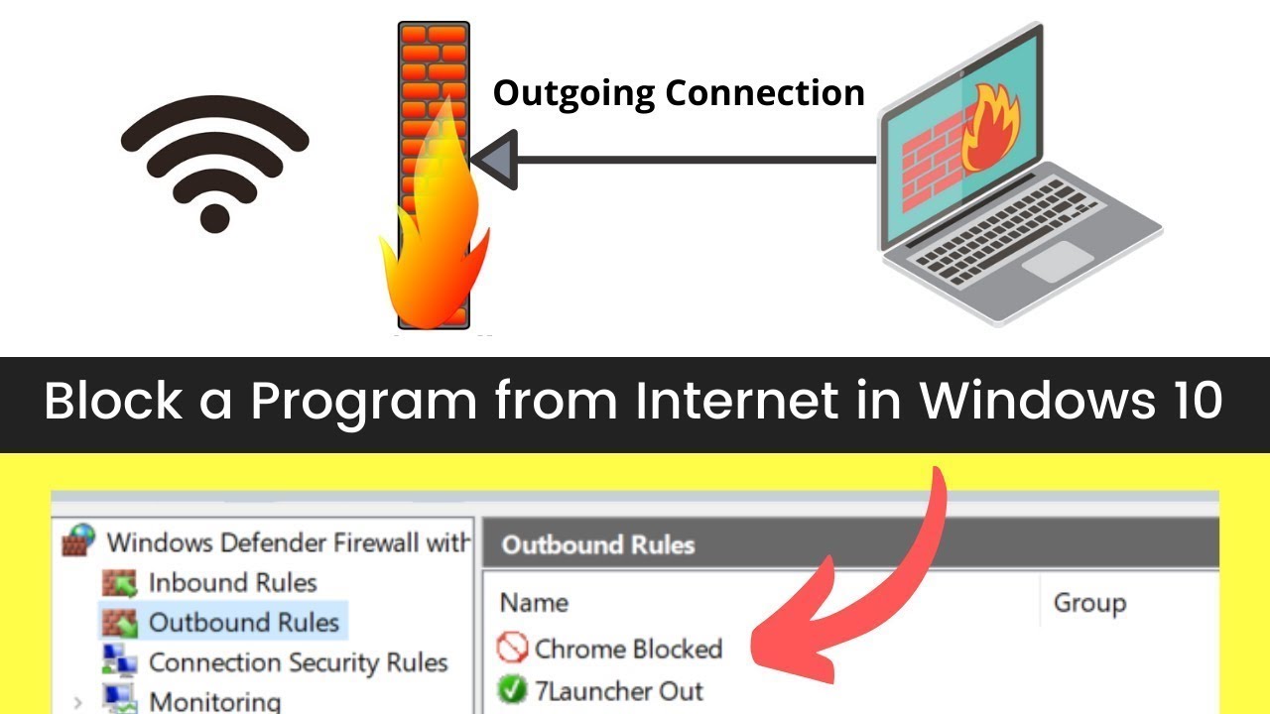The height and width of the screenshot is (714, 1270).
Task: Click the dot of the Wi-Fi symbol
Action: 215,218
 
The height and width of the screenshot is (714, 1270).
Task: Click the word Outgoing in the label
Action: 573,93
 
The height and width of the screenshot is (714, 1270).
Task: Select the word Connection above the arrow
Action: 765,92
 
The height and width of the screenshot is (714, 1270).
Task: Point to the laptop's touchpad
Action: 1058,261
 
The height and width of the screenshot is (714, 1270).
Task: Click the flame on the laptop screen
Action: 989,128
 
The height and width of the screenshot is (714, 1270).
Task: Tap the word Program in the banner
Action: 363,403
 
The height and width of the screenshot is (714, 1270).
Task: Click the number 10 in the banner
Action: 1198,400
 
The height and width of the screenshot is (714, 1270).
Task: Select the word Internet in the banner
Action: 736,400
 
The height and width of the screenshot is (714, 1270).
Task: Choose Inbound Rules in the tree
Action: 232,582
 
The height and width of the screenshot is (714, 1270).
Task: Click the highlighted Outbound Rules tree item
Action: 244,622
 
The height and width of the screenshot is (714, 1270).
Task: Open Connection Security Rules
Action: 299,661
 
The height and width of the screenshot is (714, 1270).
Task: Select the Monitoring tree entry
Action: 215,701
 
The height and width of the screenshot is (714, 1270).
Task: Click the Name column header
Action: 534,602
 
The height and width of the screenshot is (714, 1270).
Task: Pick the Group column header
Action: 1089,603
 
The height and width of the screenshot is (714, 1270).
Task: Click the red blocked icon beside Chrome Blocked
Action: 512,648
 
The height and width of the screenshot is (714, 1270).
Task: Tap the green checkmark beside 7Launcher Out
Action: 512,689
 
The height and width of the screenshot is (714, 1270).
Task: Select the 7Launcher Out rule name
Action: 618,691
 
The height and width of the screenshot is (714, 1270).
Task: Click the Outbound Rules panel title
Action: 598,544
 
